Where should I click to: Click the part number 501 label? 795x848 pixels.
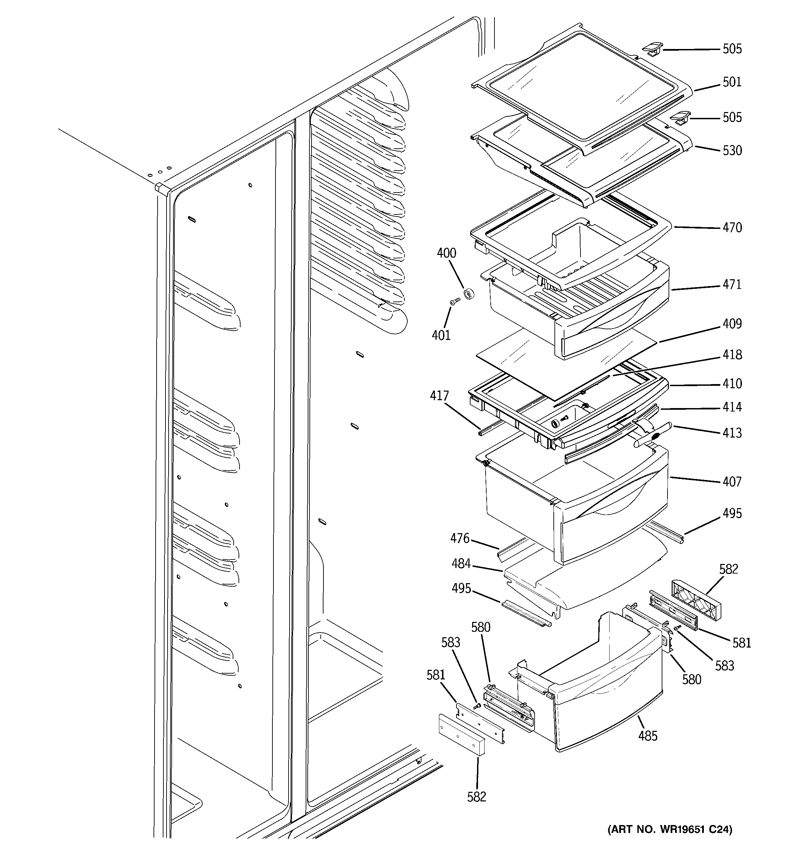point(732,82)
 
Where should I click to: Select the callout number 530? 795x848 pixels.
point(732,150)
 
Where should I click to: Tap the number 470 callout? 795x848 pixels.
point(732,228)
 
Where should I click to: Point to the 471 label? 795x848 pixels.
point(732,284)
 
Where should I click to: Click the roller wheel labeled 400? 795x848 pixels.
point(469,294)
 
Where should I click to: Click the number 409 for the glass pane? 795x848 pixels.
point(732,324)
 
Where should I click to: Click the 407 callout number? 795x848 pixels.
point(732,482)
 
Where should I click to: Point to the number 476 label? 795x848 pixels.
point(460,539)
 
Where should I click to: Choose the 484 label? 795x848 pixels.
point(461,564)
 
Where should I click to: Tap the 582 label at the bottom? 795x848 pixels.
point(476,797)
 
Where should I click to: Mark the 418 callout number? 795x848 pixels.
point(732,355)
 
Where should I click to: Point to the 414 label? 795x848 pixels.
point(732,407)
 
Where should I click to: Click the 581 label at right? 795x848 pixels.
point(742,643)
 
